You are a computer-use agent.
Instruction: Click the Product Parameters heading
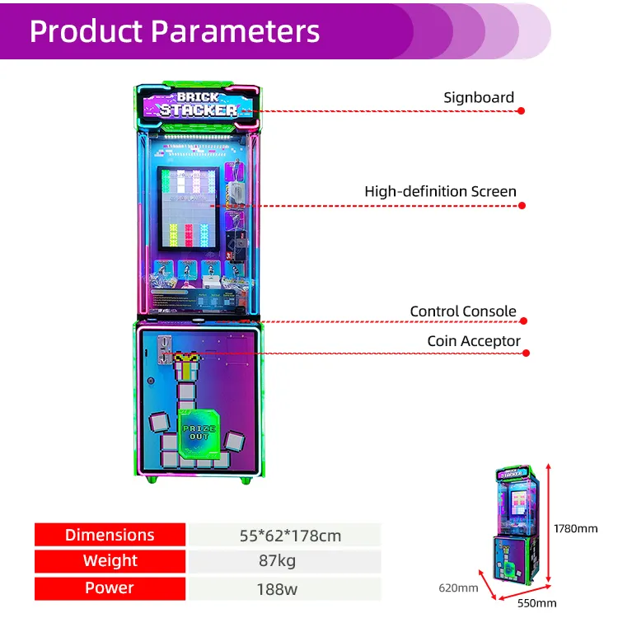pos(174,30)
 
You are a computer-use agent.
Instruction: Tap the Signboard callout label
pos(478,97)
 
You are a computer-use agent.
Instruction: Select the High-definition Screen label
pos(440,191)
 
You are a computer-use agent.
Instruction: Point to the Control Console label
pos(463,311)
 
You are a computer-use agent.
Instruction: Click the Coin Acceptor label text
pos(473,340)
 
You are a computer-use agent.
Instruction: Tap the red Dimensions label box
pos(110,535)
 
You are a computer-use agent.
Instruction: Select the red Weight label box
pos(110,561)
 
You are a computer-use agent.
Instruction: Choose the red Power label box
pos(110,588)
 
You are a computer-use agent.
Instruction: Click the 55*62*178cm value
pos(283,536)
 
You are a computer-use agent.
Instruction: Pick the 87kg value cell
pos(283,562)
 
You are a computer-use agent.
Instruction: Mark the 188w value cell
pos(283,588)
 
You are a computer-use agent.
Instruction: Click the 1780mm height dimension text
pos(576,528)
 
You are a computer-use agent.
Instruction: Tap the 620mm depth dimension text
pos(457,588)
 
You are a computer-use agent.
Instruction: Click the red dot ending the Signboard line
pos(523,110)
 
